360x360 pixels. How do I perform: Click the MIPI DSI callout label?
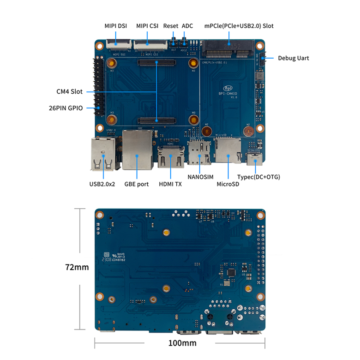tap(116, 26)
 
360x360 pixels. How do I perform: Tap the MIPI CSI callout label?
tap(148, 26)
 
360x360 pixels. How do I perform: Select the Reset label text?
tap(170, 26)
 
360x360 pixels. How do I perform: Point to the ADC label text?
tap(187, 26)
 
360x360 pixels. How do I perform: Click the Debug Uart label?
tap(294, 58)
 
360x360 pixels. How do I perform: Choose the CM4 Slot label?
tap(70, 91)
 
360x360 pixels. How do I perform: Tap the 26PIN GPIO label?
tap(66, 108)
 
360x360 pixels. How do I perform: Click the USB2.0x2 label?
tap(102, 184)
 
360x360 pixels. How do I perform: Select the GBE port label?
tap(137, 184)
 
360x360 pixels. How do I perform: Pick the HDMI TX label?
tap(170, 184)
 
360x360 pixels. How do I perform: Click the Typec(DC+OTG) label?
tap(258, 177)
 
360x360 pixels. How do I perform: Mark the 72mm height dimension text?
tap(77, 267)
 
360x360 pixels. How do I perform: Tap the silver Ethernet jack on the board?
tap(137, 150)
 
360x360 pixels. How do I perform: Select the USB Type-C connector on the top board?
tap(254, 160)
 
